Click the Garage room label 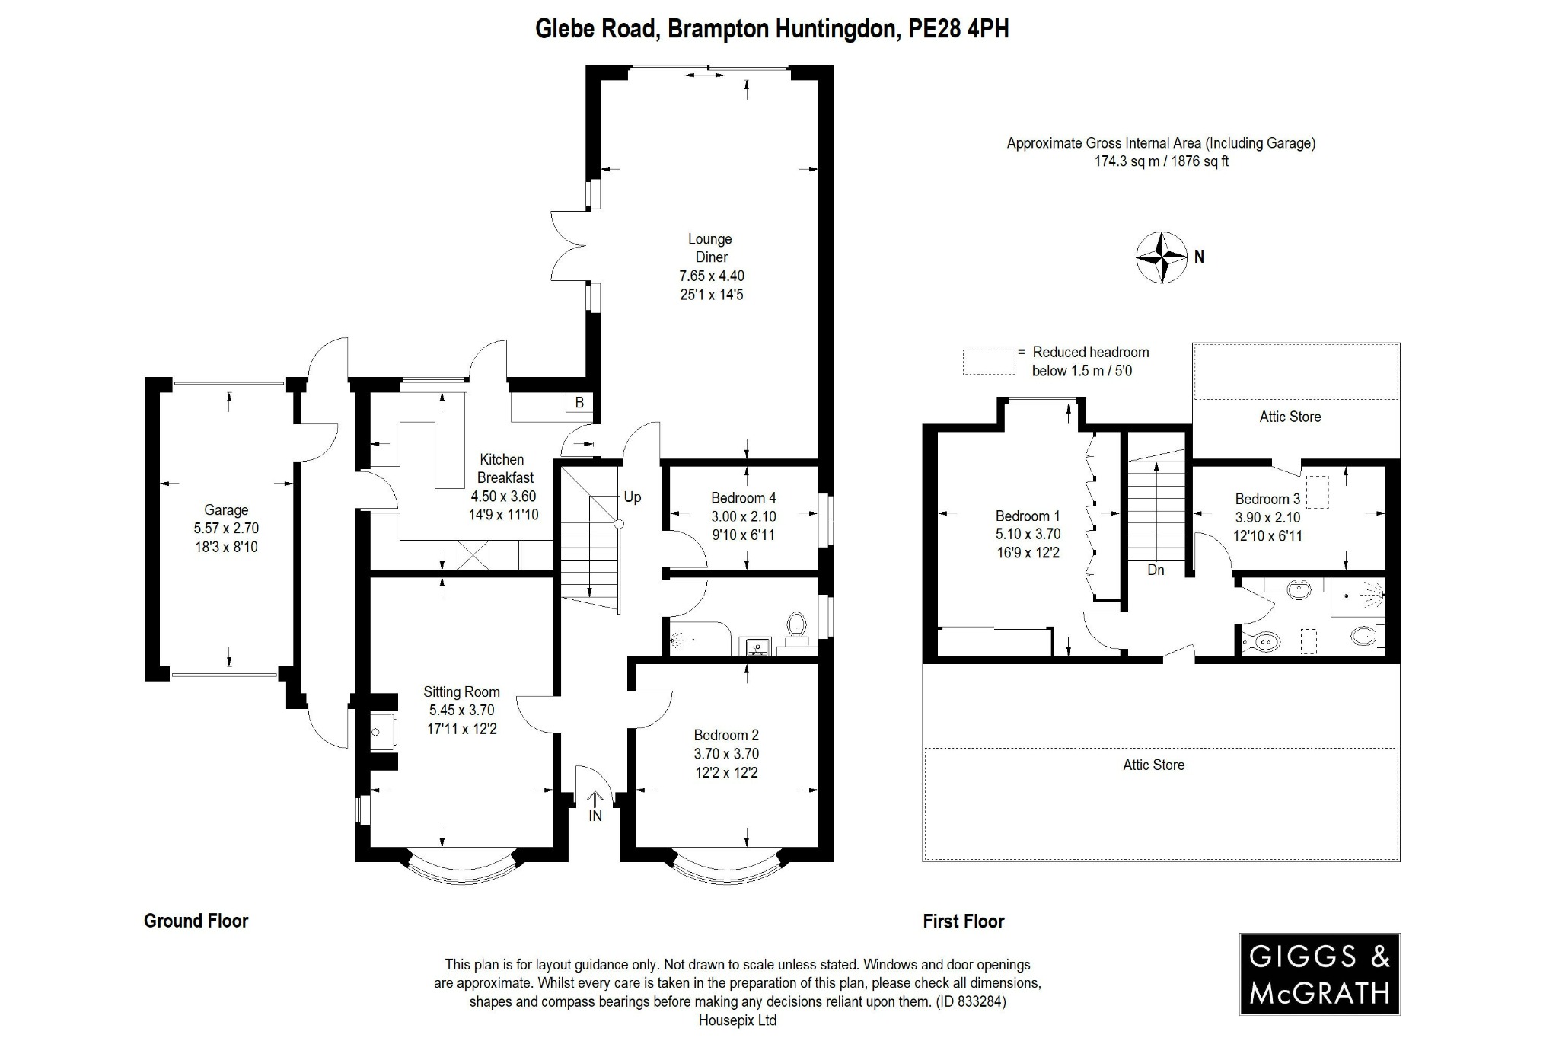point(225,510)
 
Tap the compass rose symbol point(1162,257)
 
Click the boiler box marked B point(579,403)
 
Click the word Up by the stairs point(632,497)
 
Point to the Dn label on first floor point(1155,570)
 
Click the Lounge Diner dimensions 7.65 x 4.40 point(711,276)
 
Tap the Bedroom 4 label point(743,498)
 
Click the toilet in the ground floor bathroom point(796,626)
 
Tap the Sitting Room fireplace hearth point(383,732)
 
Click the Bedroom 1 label point(1027,516)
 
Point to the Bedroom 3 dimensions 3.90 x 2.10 point(1267,518)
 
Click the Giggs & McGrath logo point(1319,974)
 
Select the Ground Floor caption point(196,921)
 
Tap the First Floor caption point(963,921)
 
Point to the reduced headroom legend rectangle point(989,362)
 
